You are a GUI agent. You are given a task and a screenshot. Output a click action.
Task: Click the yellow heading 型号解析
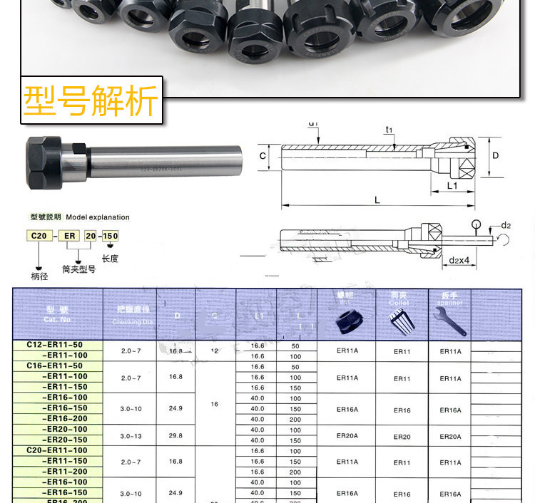pyautogui.click(x=91, y=101)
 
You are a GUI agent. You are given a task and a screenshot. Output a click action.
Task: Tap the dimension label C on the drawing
pyautogui.click(x=263, y=156)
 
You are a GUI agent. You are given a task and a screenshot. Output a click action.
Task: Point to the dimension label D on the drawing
pyautogui.click(x=495, y=155)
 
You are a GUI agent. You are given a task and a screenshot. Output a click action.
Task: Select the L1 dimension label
pyautogui.click(x=452, y=185)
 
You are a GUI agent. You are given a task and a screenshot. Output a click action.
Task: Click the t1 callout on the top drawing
pyautogui.click(x=389, y=130)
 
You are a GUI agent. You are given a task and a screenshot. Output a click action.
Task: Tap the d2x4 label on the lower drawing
pyautogui.click(x=459, y=261)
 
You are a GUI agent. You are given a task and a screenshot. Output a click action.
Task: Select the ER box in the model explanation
pyautogui.click(x=70, y=236)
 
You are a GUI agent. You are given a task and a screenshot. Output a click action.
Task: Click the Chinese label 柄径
pyautogui.click(x=40, y=276)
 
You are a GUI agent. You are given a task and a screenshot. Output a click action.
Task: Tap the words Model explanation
pyautogui.click(x=98, y=217)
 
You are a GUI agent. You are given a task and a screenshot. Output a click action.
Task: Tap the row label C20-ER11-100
pyautogui.click(x=58, y=450)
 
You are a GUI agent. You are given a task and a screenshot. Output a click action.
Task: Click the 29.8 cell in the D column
pyautogui.click(x=175, y=435)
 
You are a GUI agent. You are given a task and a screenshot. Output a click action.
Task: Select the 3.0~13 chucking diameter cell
pyautogui.click(x=131, y=435)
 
